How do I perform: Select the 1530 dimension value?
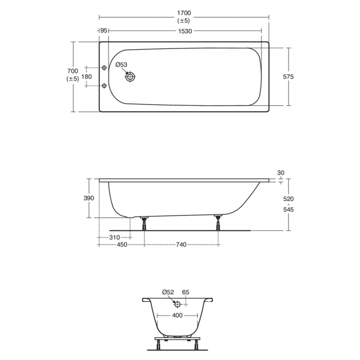point(184,32)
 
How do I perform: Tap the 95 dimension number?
point(104,32)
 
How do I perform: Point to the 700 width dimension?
point(72,71)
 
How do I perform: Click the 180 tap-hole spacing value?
point(86,76)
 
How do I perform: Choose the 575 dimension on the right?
point(287,76)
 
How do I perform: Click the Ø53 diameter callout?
point(121,65)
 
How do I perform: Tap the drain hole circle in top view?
point(130,77)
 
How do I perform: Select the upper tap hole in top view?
point(105,68)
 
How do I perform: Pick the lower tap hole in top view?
point(105,86)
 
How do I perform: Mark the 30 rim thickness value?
point(280,173)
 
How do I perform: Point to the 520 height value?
point(287,198)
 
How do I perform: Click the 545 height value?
point(287,210)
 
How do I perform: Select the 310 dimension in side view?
point(115,237)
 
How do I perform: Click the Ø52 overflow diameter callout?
point(168,292)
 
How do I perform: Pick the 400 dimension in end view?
point(177,316)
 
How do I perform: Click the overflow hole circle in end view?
point(177,304)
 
